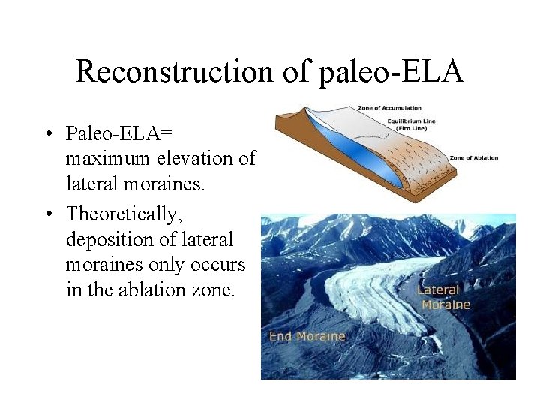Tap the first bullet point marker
click(x=47, y=135)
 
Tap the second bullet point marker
click(x=47, y=214)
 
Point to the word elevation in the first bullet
click(x=193, y=159)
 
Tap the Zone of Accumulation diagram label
click(x=389, y=108)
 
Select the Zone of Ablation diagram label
click(x=473, y=158)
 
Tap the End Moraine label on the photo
click(x=307, y=336)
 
